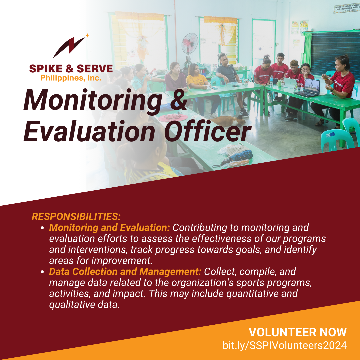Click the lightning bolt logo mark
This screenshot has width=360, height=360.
click(69, 47)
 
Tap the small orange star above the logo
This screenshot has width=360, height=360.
click(87, 35)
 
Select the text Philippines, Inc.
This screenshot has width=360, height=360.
click(71, 78)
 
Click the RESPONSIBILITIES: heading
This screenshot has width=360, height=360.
click(76, 217)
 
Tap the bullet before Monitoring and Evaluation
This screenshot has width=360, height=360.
click(42, 228)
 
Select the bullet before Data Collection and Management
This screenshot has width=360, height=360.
click(42, 272)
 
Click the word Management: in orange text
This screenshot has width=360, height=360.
click(170, 272)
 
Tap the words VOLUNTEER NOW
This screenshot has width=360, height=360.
click(298, 332)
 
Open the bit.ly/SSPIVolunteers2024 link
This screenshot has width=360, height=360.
click(284, 345)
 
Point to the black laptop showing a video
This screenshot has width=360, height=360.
click(308, 88)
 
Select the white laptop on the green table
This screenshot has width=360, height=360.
click(290, 83)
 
